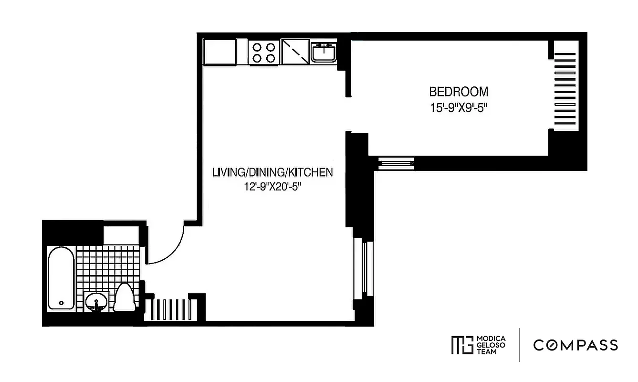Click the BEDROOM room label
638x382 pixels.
(x=459, y=91)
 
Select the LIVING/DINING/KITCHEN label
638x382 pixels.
(x=272, y=172)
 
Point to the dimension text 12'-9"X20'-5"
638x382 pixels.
(x=272, y=188)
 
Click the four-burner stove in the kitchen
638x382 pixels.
(x=264, y=53)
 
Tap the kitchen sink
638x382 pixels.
(x=324, y=52)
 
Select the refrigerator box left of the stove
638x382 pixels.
(x=220, y=52)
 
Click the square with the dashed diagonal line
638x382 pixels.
(x=295, y=52)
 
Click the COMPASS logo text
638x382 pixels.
(x=575, y=345)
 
